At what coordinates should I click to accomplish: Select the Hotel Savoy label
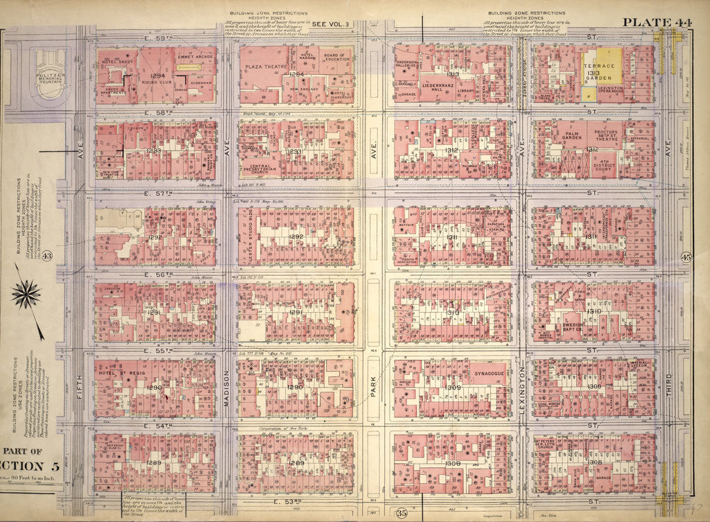point(116,62)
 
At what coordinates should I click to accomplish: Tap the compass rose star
point(26,295)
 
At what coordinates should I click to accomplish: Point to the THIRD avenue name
point(669,392)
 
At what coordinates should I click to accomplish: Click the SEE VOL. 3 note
point(331,24)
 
